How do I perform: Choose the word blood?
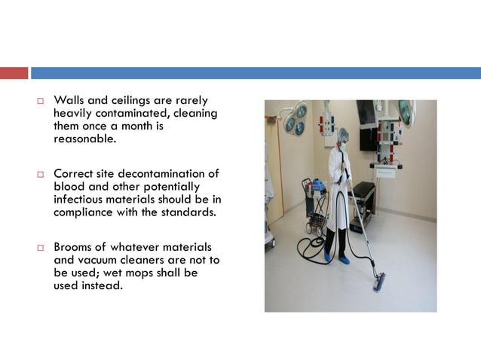click(69, 187)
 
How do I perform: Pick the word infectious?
click(80, 200)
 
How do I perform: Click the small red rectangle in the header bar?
click(14, 73)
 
